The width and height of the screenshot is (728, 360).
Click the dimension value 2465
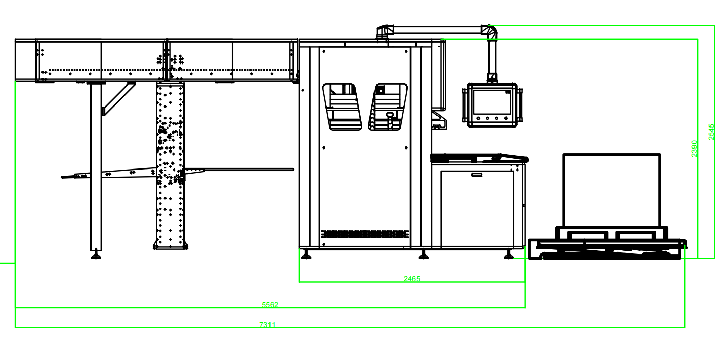point(412,279)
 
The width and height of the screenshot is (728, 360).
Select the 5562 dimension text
point(270,305)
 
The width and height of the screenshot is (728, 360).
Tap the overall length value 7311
point(267,325)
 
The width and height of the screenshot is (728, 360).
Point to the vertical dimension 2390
point(694,149)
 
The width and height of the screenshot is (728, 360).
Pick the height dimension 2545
point(711,132)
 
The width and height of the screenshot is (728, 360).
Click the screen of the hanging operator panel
point(492,102)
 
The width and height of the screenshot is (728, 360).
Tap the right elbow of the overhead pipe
point(490,31)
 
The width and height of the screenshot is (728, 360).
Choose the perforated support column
point(170,164)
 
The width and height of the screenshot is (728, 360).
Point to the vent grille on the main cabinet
point(365,234)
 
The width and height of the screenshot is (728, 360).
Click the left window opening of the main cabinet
point(342,107)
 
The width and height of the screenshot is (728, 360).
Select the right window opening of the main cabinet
point(388,107)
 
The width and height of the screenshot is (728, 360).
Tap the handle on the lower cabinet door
point(477,175)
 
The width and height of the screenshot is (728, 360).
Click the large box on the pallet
point(611,190)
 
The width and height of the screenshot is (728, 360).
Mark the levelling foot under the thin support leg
point(96,255)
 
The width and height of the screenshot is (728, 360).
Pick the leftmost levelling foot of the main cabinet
point(306,255)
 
